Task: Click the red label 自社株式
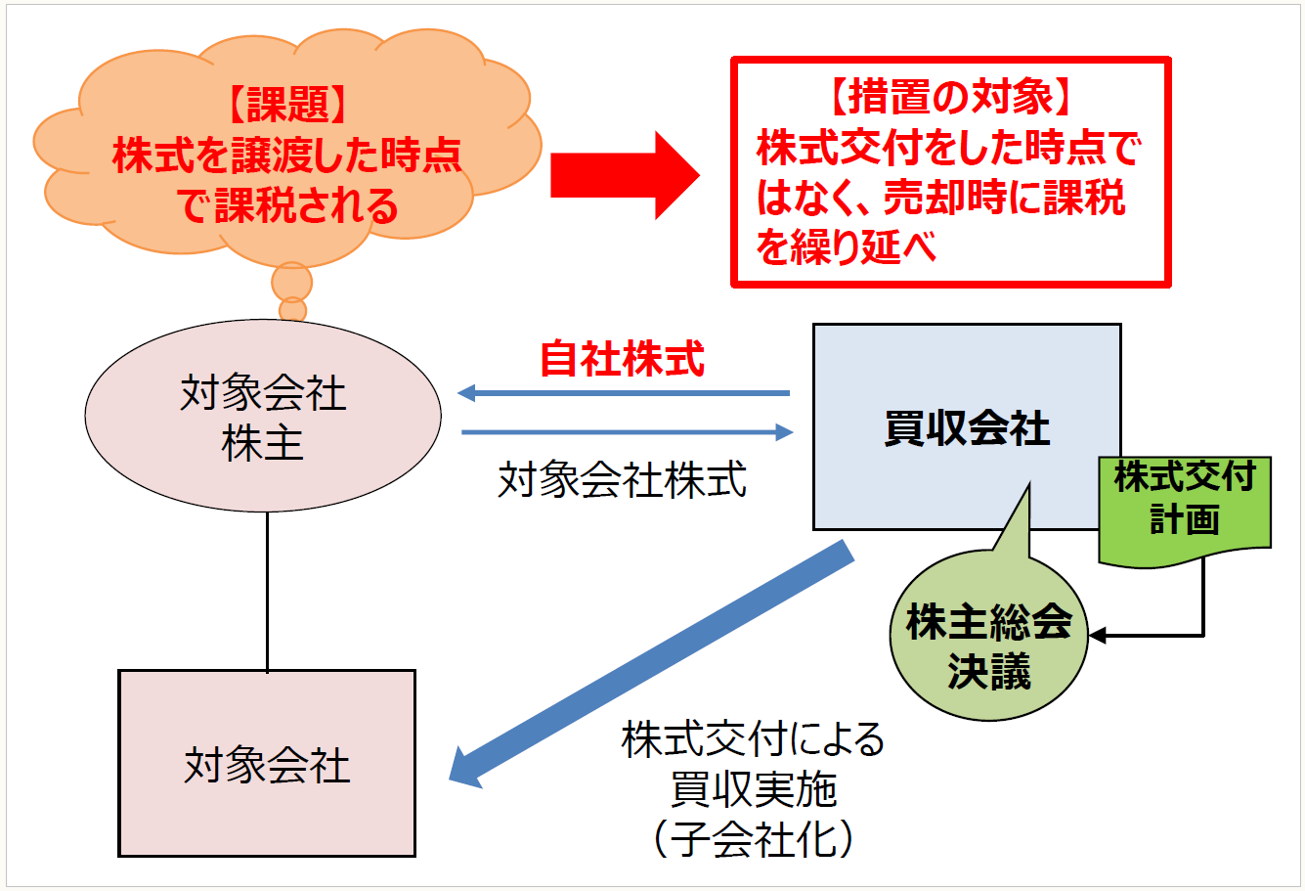pos(622,359)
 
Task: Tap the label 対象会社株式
pos(622,480)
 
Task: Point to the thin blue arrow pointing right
pos(626,431)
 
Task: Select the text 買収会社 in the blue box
pos(966,428)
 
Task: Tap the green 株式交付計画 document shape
pos(1184,509)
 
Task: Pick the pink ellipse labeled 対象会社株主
pos(263,417)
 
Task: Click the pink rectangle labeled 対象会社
pos(267,764)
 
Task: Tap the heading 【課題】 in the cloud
pos(287,105)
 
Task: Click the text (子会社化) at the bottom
pos(753,840)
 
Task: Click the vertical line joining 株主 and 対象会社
pos(267,591)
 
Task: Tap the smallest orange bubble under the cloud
pos(292,310)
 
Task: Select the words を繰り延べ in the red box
pos(847,247)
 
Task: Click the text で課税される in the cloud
pos(287,206)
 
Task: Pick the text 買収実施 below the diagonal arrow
pos(753,789)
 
